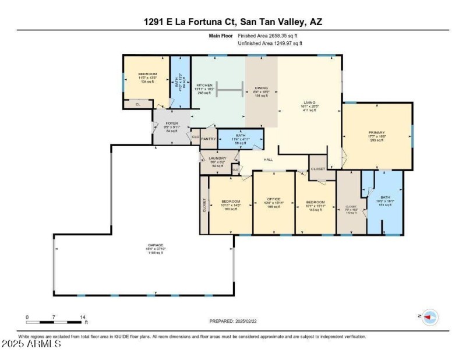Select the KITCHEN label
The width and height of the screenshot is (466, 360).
[204, 86]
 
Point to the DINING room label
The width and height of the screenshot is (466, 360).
[261, 89]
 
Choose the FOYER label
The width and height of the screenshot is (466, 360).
[172, 123]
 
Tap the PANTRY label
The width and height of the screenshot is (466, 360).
[209, 139]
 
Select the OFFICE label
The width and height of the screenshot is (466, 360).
[274, 199]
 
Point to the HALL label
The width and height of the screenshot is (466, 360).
[269, 159]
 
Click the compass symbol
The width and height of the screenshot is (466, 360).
[430, 317]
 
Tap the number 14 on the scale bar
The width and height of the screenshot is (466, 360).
[83, 317]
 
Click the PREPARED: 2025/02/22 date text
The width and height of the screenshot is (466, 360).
[233, 321]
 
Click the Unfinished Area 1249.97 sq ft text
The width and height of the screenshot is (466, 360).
[270, 43]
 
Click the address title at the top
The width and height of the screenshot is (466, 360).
[233, 22]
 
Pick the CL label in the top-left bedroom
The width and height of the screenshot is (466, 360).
[138, 104]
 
